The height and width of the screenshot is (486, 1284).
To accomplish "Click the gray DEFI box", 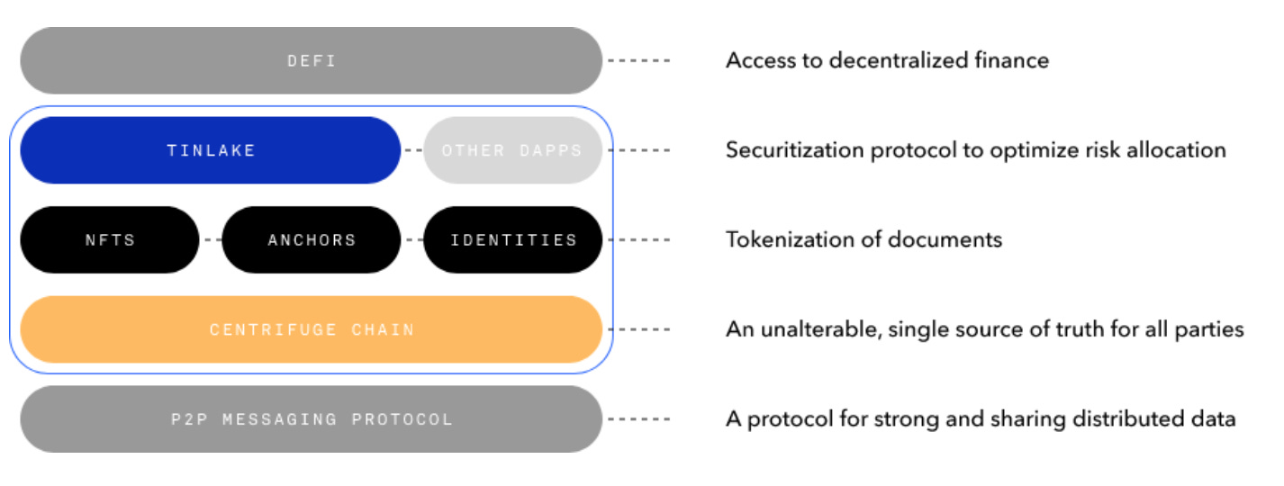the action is [312, 60].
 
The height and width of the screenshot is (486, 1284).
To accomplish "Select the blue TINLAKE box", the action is [211, 150].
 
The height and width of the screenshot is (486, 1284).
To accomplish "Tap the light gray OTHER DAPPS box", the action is [512, 150].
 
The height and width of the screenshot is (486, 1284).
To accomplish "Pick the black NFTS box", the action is [110, 239].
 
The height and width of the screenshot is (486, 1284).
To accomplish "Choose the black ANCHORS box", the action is [312, 239].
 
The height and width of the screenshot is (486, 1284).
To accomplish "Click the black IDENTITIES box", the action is [513, 239].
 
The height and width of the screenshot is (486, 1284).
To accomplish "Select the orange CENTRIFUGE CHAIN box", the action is [312, 329].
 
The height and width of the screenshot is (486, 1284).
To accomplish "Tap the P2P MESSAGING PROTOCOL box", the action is [312, 418].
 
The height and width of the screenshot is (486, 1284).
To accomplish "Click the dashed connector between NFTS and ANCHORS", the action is [211, 239].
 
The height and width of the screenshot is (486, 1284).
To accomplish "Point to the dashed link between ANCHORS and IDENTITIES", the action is [412, 239].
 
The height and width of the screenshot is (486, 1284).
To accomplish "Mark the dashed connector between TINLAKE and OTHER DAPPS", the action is [412, 150].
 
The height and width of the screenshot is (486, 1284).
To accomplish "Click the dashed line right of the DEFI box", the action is [639, 60].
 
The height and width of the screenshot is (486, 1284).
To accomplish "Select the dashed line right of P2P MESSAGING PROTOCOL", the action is [639, 418].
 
